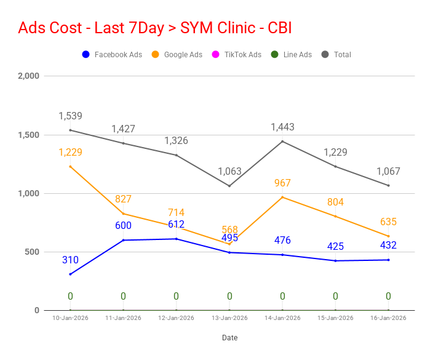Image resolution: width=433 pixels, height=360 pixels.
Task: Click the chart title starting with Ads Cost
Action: tap(155, 28)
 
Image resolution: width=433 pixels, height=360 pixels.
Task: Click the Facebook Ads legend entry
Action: tap(113, 55)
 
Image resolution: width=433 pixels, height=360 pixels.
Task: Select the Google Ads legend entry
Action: tap(177, 55)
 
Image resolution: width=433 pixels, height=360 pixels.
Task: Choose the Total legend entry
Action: tap(336, 55)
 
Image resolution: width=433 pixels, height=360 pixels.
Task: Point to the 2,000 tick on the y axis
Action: tap(28, 76)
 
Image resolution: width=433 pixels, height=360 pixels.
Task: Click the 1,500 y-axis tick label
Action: tap(28, 135)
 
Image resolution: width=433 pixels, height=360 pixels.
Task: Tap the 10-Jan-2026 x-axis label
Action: tap(70, 318)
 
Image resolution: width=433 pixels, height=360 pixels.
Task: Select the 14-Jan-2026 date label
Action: tap(282, 318)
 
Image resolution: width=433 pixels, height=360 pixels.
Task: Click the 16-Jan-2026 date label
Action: tap(388, 318)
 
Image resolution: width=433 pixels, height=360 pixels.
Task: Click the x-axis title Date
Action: tap(229, 338)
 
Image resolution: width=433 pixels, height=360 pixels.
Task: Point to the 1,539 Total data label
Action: tap(70, 116)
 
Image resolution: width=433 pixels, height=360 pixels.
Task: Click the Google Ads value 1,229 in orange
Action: tap(70, 153)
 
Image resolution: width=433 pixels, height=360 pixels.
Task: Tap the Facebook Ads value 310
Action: tap(70, 260)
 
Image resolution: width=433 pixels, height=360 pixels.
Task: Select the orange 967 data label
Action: tap(282, 183)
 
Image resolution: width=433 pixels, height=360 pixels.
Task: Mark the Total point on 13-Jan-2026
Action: tap(229, 186)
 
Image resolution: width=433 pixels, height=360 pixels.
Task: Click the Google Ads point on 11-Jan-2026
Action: tap(123, 214)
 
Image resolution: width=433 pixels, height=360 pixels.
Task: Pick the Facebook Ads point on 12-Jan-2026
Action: tap(176, 239)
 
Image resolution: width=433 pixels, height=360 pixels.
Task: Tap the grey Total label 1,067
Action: tap(388, 172)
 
